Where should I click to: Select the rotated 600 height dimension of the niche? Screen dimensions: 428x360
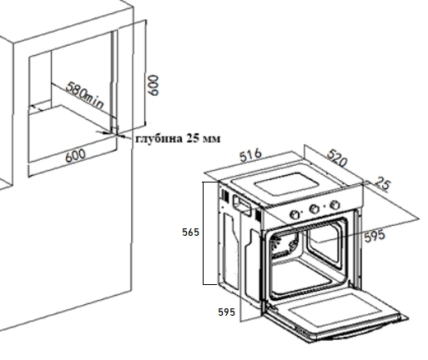pos(153,85)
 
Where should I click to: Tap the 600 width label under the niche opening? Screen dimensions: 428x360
pos(75,156)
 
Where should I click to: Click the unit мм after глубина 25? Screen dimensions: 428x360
pos(211,138)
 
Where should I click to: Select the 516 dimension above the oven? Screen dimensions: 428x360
pos(250,155)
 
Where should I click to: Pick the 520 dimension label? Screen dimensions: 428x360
pos(337,157)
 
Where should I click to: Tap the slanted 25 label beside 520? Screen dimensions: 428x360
pos(383,183)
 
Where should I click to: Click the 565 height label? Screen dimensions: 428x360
pos(190,232)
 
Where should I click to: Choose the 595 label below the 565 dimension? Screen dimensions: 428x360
pos(226,312)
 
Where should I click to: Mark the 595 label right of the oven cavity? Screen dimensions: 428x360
pos(375,236)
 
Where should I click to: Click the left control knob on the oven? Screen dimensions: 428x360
pos(295,215)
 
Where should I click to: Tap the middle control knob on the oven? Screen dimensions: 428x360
pos(315,209)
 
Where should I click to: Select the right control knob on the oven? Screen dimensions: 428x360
pos(335,205)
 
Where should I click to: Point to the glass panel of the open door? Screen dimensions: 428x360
pos(335,310)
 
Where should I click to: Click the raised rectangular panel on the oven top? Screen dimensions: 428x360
pos(286,184)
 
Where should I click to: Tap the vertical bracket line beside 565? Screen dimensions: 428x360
pos(204,233)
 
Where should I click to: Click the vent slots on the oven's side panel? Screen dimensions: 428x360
pos(224,196)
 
